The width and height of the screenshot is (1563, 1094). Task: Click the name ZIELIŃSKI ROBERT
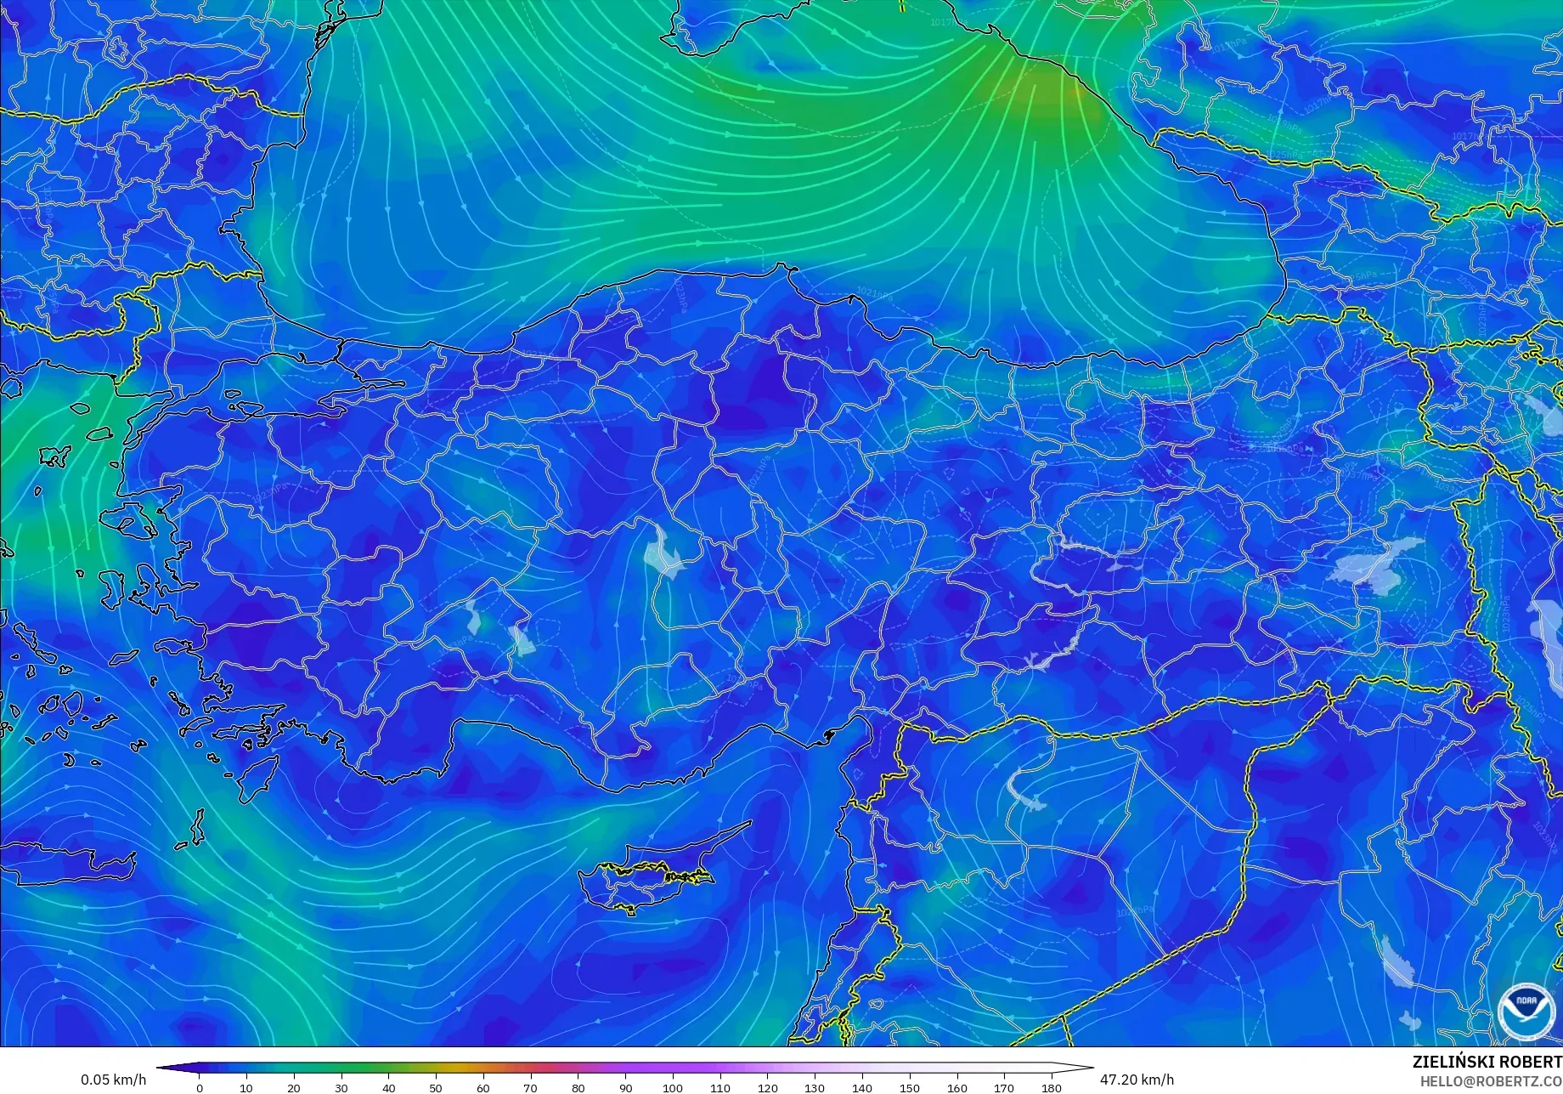pos(1487,1063)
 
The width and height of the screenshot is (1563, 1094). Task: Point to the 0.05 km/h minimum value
pos(114,1080)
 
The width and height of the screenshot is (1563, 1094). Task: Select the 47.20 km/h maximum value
pos(1137,1080)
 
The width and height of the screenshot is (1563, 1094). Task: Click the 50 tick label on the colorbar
pos(436,1087)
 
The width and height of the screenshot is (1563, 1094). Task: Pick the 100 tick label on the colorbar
pos(673,1087)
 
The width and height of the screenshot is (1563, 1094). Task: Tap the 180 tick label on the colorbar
pos(1052,1087)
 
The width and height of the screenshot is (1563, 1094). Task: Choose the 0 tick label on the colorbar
pos(200,1087)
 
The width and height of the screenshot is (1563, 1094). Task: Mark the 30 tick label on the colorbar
pos(341,1087)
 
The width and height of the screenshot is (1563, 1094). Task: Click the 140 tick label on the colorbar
pos(862,1087)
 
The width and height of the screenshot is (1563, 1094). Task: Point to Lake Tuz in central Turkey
pos(663,553)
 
